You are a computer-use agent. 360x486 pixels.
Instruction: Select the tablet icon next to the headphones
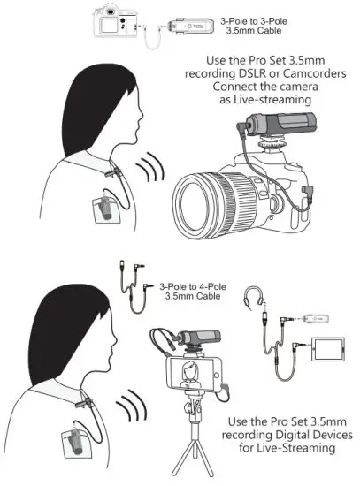coord(328,349)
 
